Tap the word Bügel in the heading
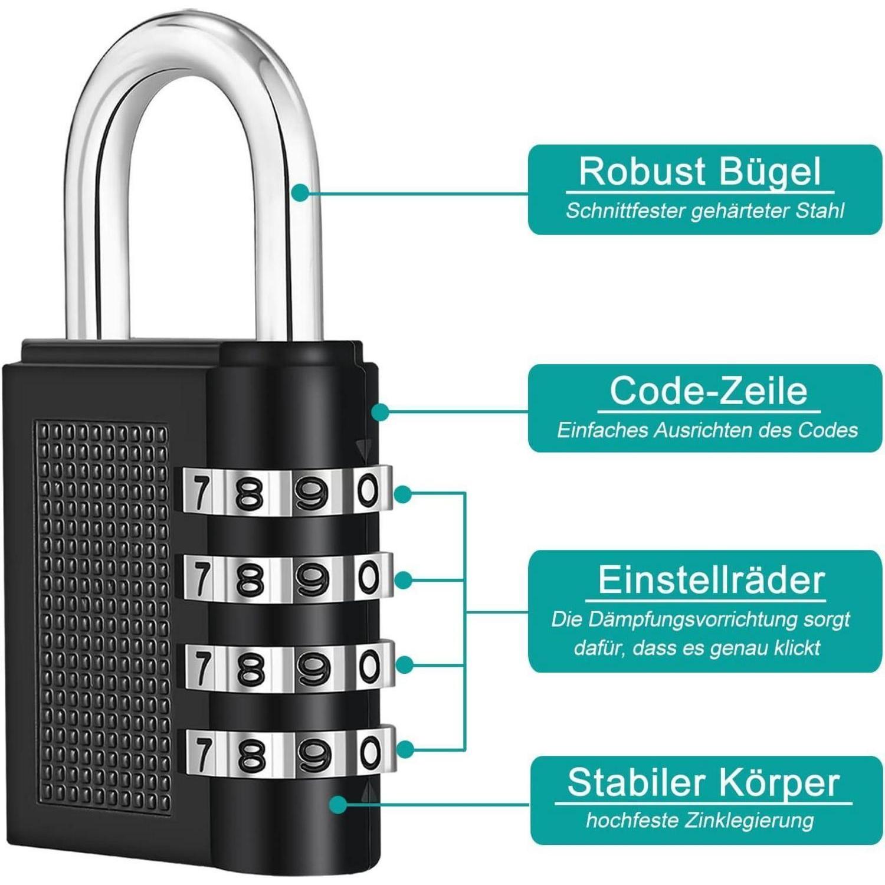[x=769, y=172]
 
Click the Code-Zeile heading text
[x=708, y=391]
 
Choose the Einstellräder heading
[x=711, y=580]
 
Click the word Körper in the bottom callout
[x=779, y=784]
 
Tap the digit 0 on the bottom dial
[x=370, y=753]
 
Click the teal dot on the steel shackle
[x=301, y=192]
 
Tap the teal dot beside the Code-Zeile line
[x=381, y=412]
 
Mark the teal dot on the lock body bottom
[x=338, y=804]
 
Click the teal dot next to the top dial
[x=403, y=494]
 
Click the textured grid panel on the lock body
[x=103, y=614]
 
